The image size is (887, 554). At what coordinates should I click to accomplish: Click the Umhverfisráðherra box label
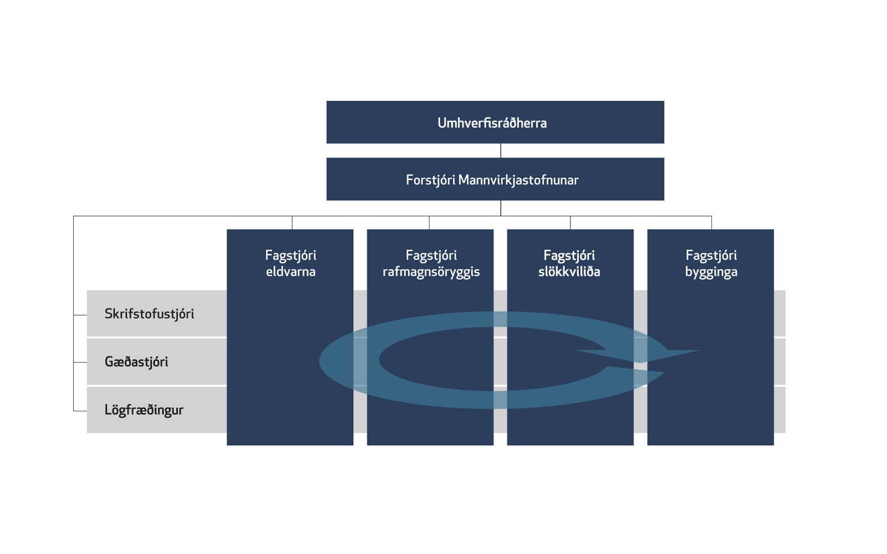[x=492, y=123]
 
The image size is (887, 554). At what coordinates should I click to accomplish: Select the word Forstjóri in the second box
[x=430, y=181]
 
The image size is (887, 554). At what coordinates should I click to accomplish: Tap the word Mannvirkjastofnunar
[x=518, y=180]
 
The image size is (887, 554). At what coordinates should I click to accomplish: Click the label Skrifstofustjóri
[x=149, y=314]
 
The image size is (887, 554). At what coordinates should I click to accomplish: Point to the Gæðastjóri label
[x=136, y=362]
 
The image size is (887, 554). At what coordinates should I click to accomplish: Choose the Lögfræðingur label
[x=144, y=410]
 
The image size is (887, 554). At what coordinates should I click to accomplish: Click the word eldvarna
[x=290, y=272]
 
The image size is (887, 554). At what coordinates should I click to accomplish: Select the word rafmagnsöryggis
[x=431, y=272]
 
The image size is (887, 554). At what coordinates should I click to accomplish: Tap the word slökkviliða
[x=569, y=272]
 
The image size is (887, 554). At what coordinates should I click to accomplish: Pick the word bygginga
[x=711, y=273]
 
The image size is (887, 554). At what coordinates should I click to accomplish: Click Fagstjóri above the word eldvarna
[x=290, y=255]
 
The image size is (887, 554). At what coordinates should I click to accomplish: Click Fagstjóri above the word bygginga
[x=711, y=255]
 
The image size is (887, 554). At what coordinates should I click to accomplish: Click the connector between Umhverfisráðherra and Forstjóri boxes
[x=501, y=151]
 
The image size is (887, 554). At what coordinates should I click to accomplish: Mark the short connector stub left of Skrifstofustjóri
[x=80, y=315]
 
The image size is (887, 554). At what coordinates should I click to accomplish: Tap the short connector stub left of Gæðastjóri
[x=80, y=362]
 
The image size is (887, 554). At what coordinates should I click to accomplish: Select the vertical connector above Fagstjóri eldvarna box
[x=292, y=223]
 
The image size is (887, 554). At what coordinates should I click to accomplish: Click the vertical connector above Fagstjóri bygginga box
[x=712, y=223]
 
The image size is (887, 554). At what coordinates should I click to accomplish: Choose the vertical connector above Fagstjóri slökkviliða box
[x=570, y=223]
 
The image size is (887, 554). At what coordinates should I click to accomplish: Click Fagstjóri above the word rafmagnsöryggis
[x=431, y=255]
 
